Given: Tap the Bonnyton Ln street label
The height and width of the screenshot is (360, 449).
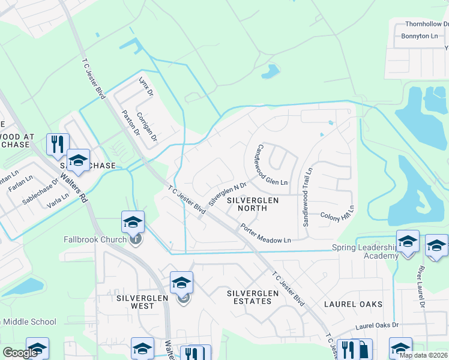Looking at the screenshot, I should coord(419,37).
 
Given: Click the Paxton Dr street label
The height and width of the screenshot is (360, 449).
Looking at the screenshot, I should coord(130,122).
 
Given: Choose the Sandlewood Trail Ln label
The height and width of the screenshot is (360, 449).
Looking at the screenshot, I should coord(307,197).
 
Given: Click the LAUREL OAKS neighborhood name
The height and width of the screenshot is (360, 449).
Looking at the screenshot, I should coord(353,304).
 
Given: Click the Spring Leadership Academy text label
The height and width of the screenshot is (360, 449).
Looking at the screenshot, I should coord(365,251).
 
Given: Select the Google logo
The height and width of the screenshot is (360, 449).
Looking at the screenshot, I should coord(20,353).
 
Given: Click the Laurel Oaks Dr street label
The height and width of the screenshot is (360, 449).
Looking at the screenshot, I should coord(376,326).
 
